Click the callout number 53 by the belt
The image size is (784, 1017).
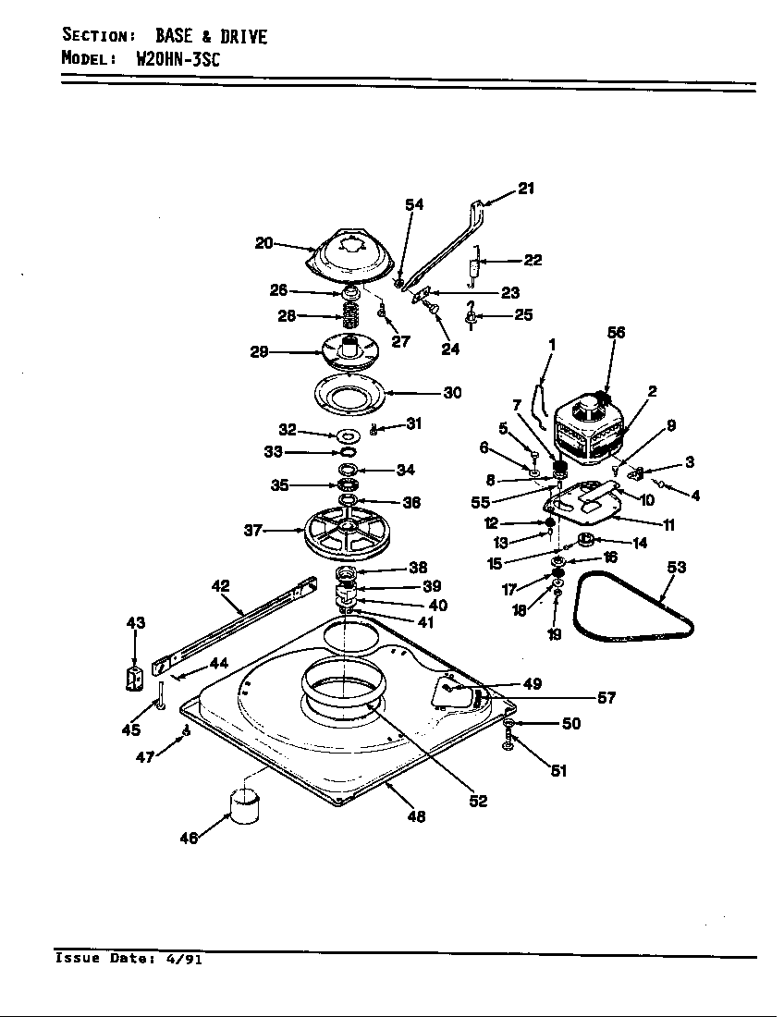click(x=677, y=568)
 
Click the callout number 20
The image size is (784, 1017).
click(x=264, y=243)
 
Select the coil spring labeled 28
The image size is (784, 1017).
click(x=350, y=316)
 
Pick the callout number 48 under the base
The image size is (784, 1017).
click(x=416, y=816)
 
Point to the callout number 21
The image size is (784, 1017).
click(x=526, y=189)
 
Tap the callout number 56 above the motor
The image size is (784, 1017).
click(x=616, y=333)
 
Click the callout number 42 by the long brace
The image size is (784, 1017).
click(x=220, y=586)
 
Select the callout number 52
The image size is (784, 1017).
click(x=477, y=801)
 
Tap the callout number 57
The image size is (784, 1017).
click(x=606, y=698)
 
